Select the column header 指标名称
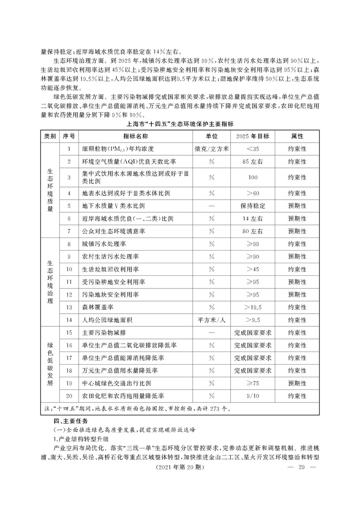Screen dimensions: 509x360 135,137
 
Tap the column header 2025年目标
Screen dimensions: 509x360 252,137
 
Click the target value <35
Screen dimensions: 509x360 252,149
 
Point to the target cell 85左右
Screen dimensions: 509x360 252,162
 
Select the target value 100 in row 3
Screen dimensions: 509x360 252,177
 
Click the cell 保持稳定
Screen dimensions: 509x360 252,205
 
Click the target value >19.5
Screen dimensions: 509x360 252,307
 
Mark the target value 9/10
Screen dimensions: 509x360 252,396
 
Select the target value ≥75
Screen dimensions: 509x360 252,384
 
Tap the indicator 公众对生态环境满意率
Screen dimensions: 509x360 113,231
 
